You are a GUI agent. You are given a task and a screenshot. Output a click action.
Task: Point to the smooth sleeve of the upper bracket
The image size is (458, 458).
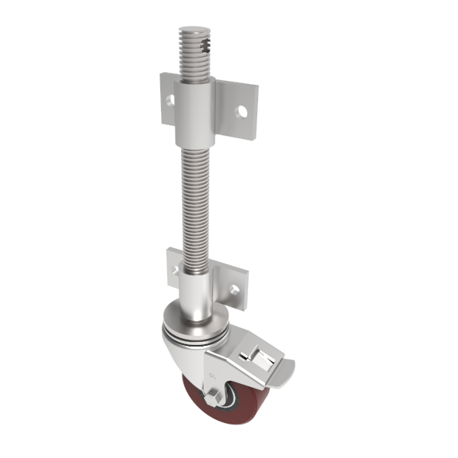pyautogui.click(x=196, y=114)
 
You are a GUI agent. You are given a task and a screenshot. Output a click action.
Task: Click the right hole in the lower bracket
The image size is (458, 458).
pyautogui.click(x=235, y=289)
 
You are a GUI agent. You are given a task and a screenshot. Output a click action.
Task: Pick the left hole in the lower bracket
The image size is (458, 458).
pyautogui.click(x=175, y=270)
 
